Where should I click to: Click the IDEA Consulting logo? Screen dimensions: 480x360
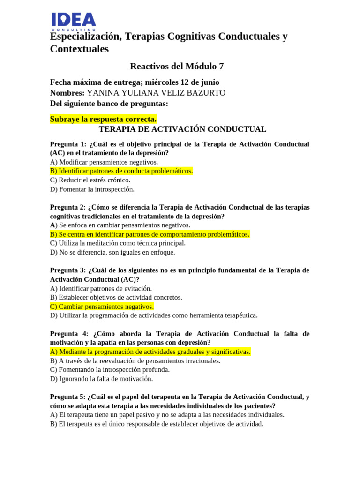point(73,22)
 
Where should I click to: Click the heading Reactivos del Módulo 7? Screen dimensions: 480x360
point(180,66)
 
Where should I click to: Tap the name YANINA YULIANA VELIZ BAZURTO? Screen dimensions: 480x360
point(156,93)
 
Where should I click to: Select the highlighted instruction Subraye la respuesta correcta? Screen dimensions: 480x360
point(103,119)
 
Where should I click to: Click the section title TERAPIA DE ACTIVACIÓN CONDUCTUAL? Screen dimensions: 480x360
point(182,129)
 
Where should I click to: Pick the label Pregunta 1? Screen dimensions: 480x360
point(68,144)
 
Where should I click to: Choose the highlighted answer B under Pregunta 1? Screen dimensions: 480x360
point(121,171)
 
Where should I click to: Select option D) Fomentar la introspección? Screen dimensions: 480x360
point(92,189)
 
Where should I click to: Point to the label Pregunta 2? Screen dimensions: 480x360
point(68,207)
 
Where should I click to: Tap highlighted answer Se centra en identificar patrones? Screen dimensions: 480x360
point(150,234)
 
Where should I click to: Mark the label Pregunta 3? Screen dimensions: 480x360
point(68,270)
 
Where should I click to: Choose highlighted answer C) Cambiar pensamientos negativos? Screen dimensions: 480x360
point(102,307)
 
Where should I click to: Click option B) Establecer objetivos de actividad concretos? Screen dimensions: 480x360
point(116,297)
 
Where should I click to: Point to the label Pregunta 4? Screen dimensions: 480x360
point(69,334)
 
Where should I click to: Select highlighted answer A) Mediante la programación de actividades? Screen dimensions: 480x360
point(150,352)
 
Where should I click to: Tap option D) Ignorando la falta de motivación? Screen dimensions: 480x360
point(101,379)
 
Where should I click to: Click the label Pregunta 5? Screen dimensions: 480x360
point(68,397)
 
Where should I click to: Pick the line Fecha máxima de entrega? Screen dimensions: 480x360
point(135,82)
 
